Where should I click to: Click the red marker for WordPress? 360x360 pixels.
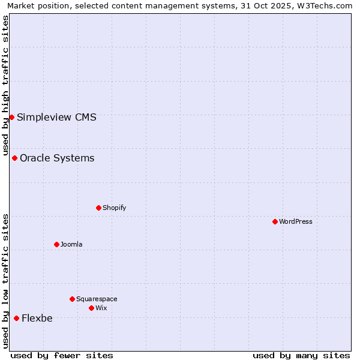coord(275,221)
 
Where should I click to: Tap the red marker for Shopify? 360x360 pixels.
coord(98,208)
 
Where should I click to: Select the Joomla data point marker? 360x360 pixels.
coord(56,244)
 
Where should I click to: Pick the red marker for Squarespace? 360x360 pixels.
coord(72,299)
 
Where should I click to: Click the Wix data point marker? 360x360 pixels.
coord(91,308)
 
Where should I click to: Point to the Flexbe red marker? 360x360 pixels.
coord(16,318)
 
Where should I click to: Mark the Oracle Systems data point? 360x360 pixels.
coord(14,158)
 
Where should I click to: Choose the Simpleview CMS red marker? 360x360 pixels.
coord(11,117)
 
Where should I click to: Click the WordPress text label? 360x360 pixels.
coord(296,221)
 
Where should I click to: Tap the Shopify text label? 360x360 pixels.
coord(114,208)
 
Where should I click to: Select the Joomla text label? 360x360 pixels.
coord(71,244)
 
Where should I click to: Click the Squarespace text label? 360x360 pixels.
coord(97,299)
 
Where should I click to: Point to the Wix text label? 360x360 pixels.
coord(101,308)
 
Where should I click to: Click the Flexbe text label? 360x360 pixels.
coord(37,318)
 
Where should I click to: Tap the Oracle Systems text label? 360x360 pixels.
coord(57,158)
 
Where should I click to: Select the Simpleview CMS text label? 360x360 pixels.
coord(56,117)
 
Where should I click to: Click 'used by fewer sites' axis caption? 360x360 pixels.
coord(62,355)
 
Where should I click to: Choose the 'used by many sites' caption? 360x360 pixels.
coord(301,355)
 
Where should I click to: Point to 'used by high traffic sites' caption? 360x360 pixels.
coord(5,84)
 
